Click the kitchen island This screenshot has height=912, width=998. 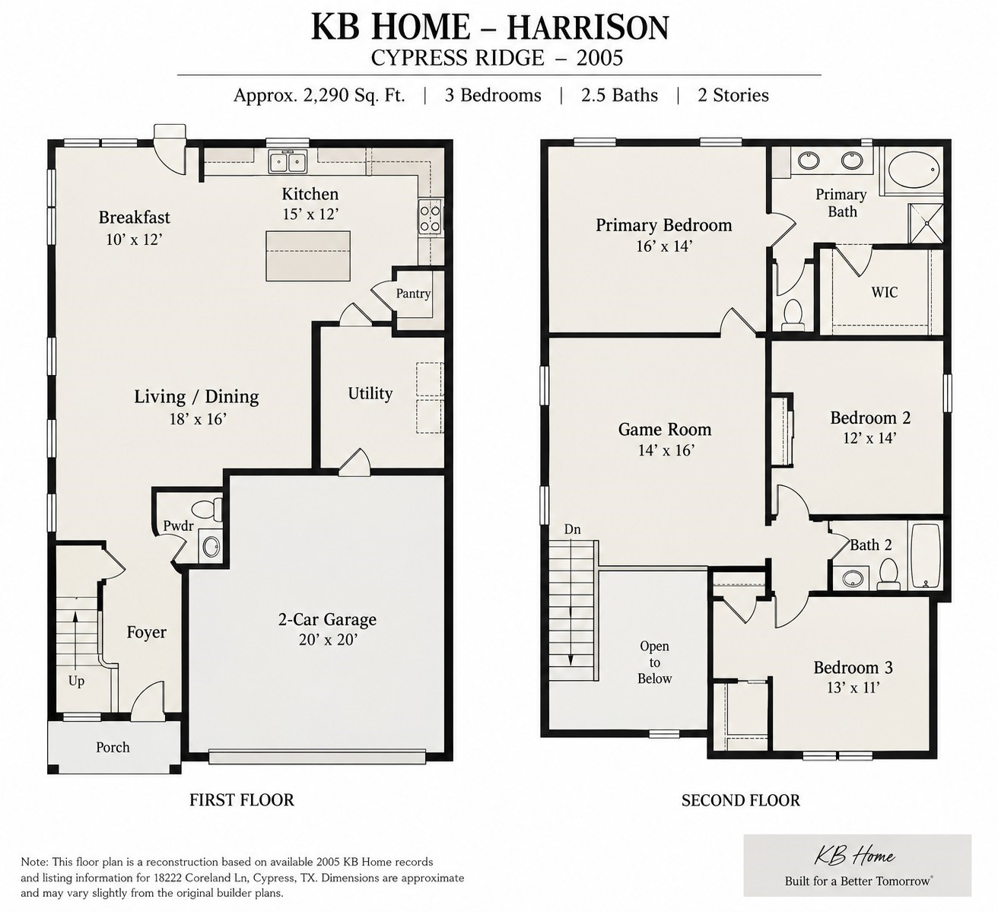pyautogui.click(x=308, y=256)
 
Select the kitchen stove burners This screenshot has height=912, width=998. pyautogui.click(x=431, y=218)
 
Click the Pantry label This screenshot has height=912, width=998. pyautogui.click(x=413, y=293)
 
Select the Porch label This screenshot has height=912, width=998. pyautogui.click(x=113, y=747)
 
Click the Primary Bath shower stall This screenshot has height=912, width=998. pyautogui.click(x=926, y=224)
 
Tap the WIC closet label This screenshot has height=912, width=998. pyautogui.click(x=884, y=292)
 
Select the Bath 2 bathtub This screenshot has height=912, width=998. pyautogui.click(x=925, y=555)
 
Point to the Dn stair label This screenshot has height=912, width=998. pyautogui.click(x=572, y=529)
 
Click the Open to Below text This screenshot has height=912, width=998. pyautogui.click(x=655, y=663)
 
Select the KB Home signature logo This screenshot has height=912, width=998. pyautogui.click(x=854, y=856)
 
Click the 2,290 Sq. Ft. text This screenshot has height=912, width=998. pyautogui.click(x=354, y=95)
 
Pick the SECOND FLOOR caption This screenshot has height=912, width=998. pyautogui.click(x=741, y=800)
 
